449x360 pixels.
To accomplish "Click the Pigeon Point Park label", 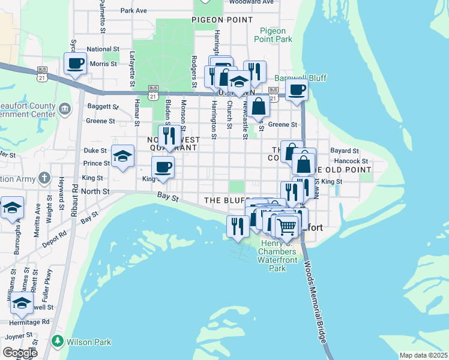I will [276, 35].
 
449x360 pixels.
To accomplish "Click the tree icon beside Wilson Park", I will [58, 342].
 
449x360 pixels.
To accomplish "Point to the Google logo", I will [19, 353].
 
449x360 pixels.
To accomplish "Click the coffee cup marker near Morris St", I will [75, 64].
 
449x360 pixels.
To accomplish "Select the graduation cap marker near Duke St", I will [123, 157].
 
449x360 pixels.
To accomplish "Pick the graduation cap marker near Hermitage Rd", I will [22, 304].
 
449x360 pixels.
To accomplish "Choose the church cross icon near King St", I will [44, 178].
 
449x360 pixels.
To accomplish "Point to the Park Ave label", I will [133, 11].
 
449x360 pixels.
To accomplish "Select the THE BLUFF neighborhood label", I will [225, 200].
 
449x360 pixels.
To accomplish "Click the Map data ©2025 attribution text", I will [423, 355].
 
